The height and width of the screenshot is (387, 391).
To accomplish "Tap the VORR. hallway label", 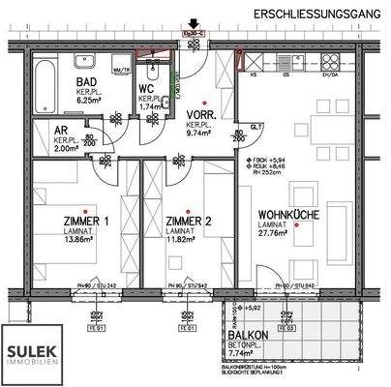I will pos(199,116).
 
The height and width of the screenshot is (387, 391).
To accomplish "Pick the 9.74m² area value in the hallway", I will pos(199,136).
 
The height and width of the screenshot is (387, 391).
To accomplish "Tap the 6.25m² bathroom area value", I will pos(89,100).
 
